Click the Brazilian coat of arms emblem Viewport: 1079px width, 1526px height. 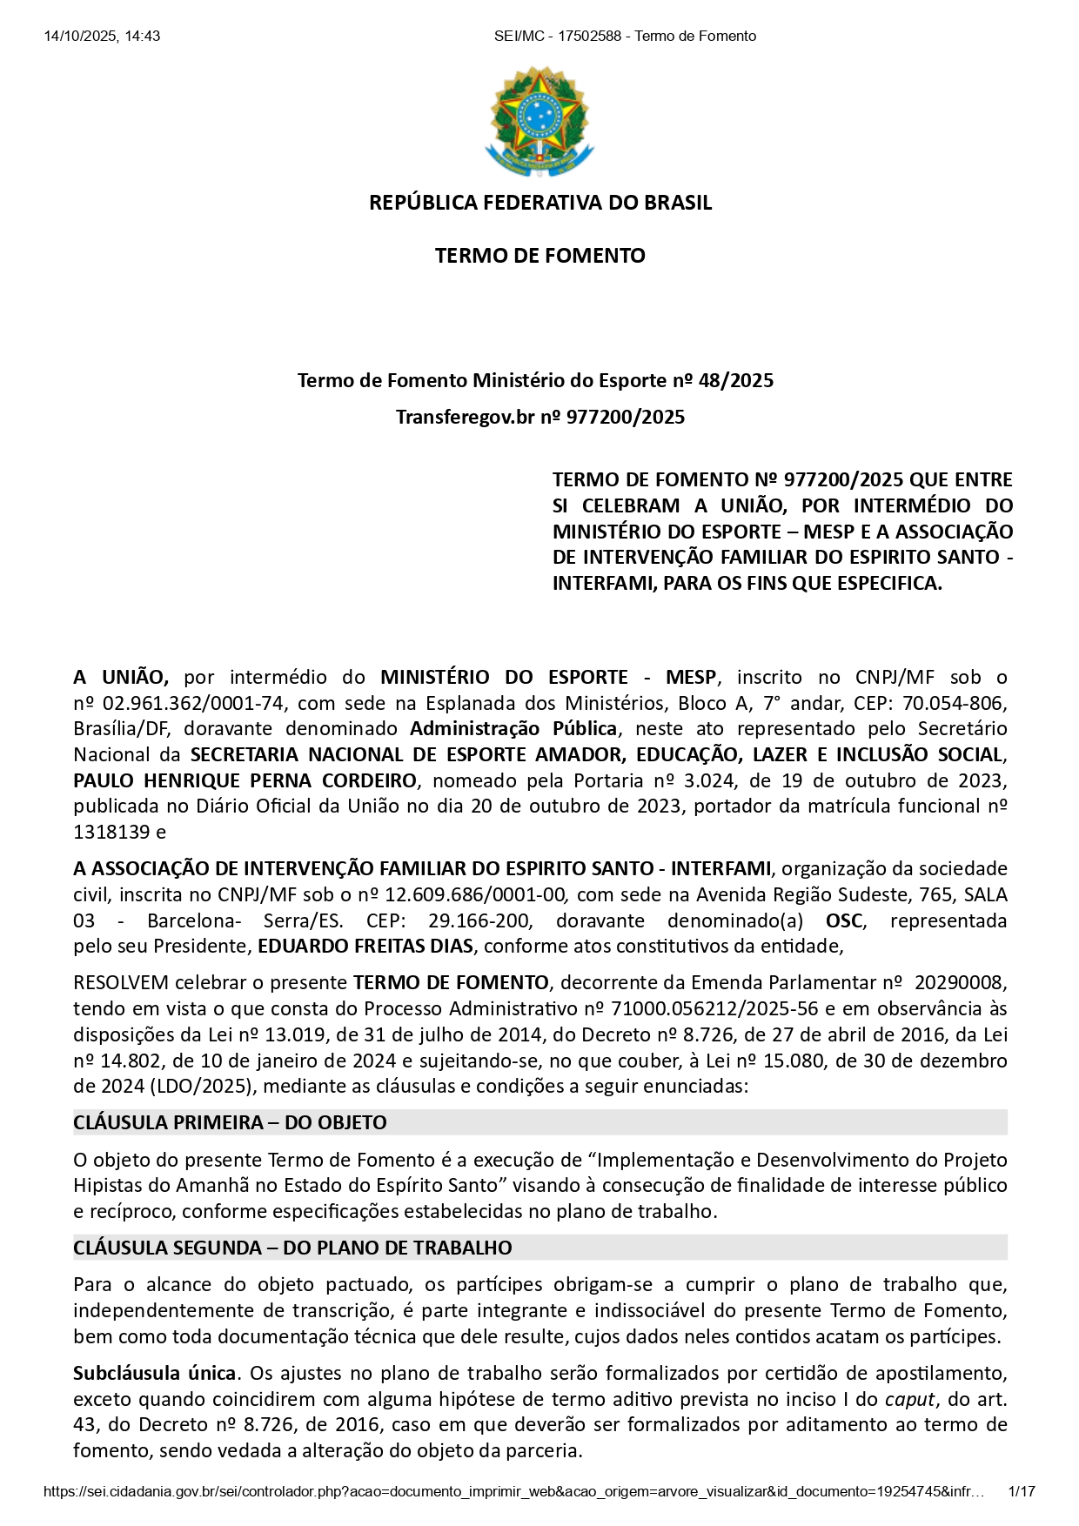click(x=539, y=121)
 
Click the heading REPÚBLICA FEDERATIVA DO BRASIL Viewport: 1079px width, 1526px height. click(x=540, y=203)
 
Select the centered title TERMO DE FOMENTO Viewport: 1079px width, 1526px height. click(x=539, y=256)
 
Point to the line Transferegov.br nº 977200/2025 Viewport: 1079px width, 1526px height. click(x=539, y=417)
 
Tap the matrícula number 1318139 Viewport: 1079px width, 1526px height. click(x=111, y=832)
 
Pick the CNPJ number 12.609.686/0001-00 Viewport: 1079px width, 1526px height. click(x=475, y=894)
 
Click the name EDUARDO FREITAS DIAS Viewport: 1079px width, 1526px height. click(x=365, y=946)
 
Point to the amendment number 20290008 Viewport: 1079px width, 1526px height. click(x=961, y=982)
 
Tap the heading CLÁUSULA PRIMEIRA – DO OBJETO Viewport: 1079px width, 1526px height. click(x=230, y=1122)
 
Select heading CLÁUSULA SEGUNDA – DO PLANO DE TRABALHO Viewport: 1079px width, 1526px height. click(x=292, y=1248)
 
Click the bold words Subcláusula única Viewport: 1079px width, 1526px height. click(x=155, y=1373)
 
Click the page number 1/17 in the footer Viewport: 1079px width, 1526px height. click(x=1021, y=1491)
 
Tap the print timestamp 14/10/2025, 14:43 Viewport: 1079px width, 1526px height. click(x=102, y=36)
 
